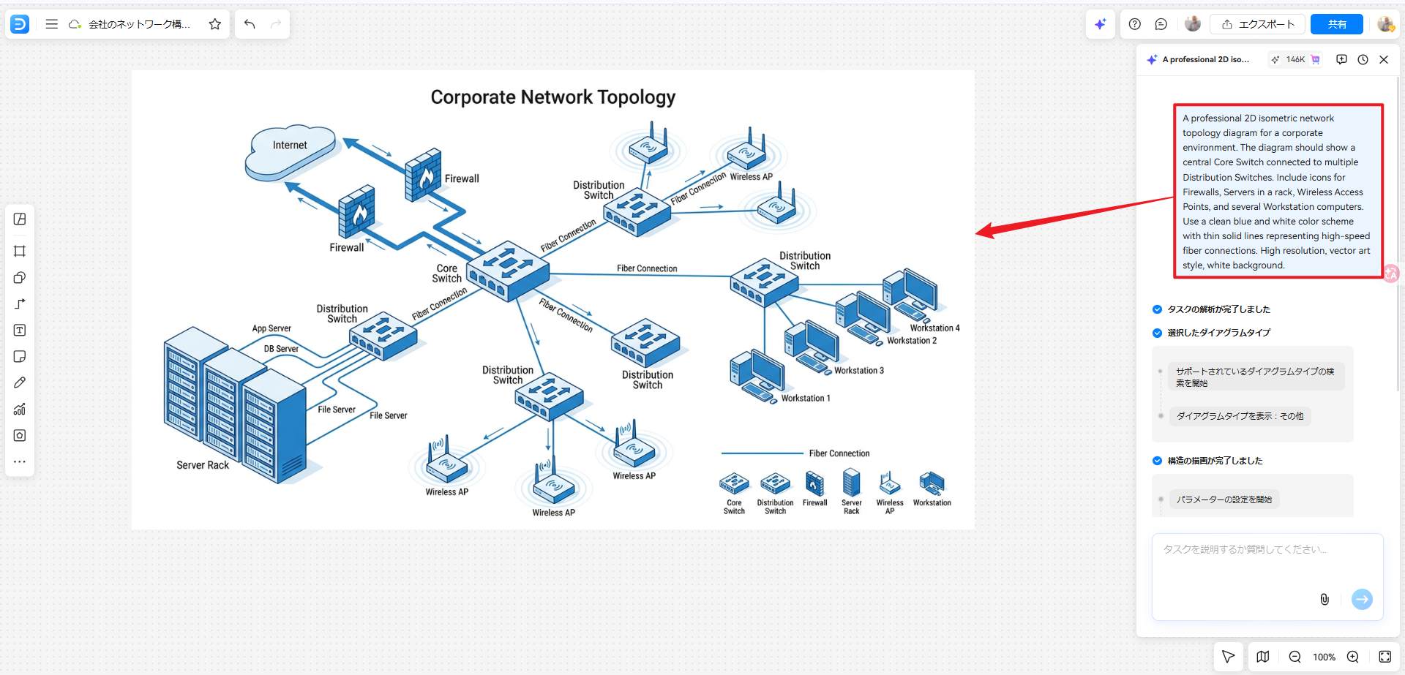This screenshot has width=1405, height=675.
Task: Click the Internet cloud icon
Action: [x=291, y=152]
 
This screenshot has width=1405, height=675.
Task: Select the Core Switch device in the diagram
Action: [x=508, y=271]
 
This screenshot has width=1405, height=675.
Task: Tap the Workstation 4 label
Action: [x=934, y=328]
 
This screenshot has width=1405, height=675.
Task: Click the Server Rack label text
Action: [x=203, y=465]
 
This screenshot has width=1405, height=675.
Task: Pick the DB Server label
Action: [x=281, y=349]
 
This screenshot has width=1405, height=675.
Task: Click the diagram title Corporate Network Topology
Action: [x=552, y=97]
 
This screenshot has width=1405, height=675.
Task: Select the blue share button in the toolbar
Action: [x=1336, y=24]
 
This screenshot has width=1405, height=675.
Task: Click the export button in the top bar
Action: [x=1258, y=24]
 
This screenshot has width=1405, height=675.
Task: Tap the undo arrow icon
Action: [x=250, y=24]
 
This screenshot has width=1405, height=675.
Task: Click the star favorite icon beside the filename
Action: [x=214, y=24]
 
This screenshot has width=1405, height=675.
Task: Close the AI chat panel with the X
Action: [x=1383, y=60]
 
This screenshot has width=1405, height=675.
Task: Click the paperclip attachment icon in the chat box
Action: [x=1324, y=600]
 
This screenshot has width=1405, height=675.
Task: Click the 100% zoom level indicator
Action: [x=1323, y=657]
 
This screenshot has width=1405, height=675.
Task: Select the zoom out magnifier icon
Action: [x=1295, y=657]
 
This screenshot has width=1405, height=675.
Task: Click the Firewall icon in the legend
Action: [x=814, y=483]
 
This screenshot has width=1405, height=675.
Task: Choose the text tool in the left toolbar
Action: [x=20, y=331]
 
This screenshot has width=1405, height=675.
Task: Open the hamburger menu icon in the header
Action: [x=51, y=24]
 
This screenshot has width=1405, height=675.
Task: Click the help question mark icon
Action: [x=1134, y=24]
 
